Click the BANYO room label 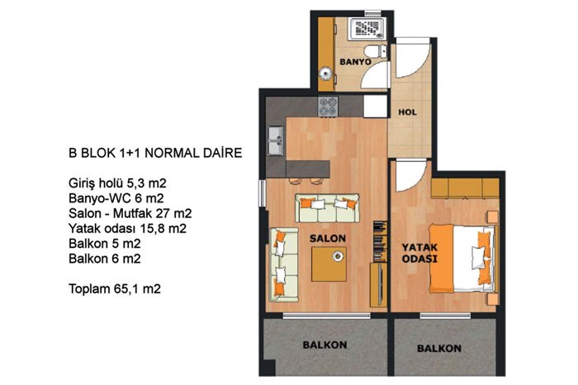coord(355,62)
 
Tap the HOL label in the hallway coord(407,112)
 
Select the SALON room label coord(327,239)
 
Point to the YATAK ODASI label coord(419,253)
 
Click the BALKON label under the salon coord(325,345)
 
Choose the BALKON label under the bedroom coord(439,349)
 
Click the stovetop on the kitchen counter coord(328,107)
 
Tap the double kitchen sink coord(275,140)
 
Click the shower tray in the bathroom coord(367,28)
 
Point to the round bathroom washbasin coord(325,74)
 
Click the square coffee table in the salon coord(329,264)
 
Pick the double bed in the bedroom coord(462,258)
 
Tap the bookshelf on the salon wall coord(380,241)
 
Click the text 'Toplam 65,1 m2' coord(115,289)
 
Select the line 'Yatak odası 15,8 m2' coord(127,229)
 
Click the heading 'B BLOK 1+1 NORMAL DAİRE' coord(155,153)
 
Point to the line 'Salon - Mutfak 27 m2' coord(130,213)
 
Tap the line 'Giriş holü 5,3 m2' coord(117,183)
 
